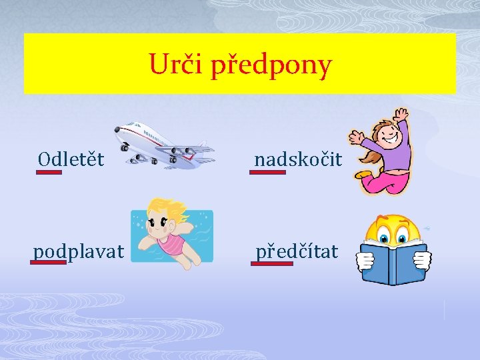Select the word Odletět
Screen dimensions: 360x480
[x=71, y=159]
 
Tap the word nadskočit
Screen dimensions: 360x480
[x=298, y=159]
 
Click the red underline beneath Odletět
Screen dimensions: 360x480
[x=49, y=172]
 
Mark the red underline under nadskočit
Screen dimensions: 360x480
[x=267, y=172]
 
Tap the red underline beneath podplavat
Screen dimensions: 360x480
[x=48, y=262]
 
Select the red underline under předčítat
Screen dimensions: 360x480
[x=272, y=263]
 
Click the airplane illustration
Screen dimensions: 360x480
[x=163, y=144]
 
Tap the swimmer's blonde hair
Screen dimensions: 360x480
[x=160, y=209]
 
